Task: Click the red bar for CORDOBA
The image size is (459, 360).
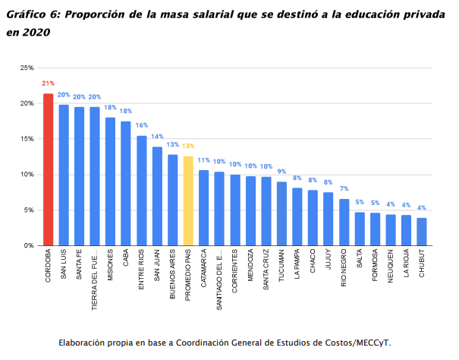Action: click(48, 169)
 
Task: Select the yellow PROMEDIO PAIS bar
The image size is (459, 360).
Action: click(188, 201)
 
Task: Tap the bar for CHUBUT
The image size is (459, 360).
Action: click(421, 232)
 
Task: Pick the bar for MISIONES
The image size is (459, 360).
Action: click(110, 182)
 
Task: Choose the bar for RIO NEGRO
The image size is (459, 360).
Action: click(344, 222)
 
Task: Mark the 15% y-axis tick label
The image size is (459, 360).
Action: click(27, 139)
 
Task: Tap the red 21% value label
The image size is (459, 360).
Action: click(48, 84)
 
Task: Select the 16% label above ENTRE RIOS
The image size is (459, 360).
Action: click(142, 126)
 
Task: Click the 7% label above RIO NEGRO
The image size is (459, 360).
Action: click(344, 189)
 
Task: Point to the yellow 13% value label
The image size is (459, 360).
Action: click(188, 146)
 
